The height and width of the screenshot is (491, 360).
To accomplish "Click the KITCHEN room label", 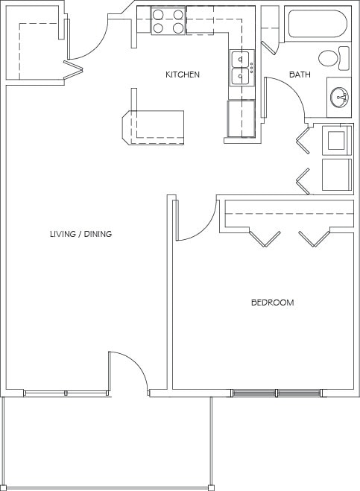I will click(x=182, y=75).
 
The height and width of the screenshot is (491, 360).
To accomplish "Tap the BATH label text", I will click(x=300, y=75).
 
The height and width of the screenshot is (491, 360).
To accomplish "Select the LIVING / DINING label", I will click(x=80, y=234).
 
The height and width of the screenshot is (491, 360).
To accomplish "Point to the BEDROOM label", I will click(x=271, y=302).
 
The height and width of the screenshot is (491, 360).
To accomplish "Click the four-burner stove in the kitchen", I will click(x=168, y=21).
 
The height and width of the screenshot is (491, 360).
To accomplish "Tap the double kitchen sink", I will click(x=241, y=68).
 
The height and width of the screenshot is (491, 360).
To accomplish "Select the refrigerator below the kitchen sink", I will click(x=241, y=119).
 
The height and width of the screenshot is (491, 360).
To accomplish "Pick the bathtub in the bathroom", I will click(x=316, y=24).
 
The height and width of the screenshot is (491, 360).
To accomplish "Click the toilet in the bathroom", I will click(x=332, y=57).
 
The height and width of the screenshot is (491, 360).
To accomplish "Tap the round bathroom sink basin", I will click(x=340, y=96).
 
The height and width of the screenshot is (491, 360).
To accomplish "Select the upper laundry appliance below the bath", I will click(x=336, y=140).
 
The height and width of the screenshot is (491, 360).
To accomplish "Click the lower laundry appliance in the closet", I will click(x=336, y=174).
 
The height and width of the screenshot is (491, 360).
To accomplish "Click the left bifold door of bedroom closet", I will click(x=264, y=238).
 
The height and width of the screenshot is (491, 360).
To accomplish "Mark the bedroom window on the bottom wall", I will click(x=277, y=393).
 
